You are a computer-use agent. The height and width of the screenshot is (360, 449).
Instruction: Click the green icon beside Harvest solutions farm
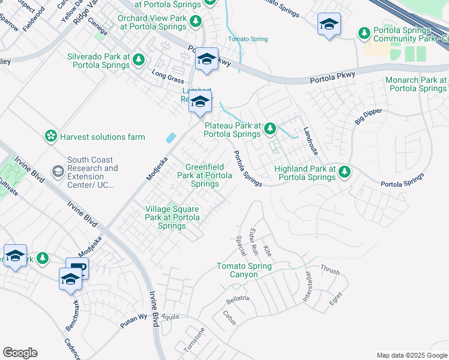(x=51, y=137)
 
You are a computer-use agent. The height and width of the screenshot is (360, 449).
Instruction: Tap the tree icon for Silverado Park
(x=139, y=60)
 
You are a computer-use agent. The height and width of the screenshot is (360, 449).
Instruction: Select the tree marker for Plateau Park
(x=271, y=128)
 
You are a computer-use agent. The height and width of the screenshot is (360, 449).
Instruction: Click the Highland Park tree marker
(x=345, y=172)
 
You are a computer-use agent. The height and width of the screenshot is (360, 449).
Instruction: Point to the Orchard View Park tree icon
(x=195, y=22)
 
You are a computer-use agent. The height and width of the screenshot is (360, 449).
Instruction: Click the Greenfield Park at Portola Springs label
(x=204, y=175)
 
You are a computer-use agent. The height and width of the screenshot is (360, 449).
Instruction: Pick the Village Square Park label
(x=172, y=217)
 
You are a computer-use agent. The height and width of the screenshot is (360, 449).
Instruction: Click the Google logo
(x=20, y=353)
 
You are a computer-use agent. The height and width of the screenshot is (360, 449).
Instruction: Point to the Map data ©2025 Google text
(x=411, y=355)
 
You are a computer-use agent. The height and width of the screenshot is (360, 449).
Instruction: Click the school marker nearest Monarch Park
(x=328, y=25)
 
